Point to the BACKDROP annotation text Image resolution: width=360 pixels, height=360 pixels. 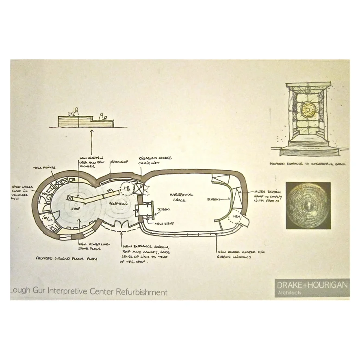pyautogui.click(x=119, y=162)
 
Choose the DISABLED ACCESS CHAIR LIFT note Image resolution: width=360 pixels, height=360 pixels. pyautogui.click(x=155, y=160)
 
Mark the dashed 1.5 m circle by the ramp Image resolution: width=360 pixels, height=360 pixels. pyautogui.click(x=235, y=219)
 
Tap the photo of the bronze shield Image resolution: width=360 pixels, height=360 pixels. pyautogui.click(x=308, y=205)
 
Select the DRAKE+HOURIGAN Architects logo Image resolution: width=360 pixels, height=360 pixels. pyautogui.click(x=312, y=287)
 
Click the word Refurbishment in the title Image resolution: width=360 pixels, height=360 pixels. pyautogui.click(x=141, y=292)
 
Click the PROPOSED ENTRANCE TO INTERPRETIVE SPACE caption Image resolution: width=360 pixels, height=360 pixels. pyautogui.click(x=308, y=164)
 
